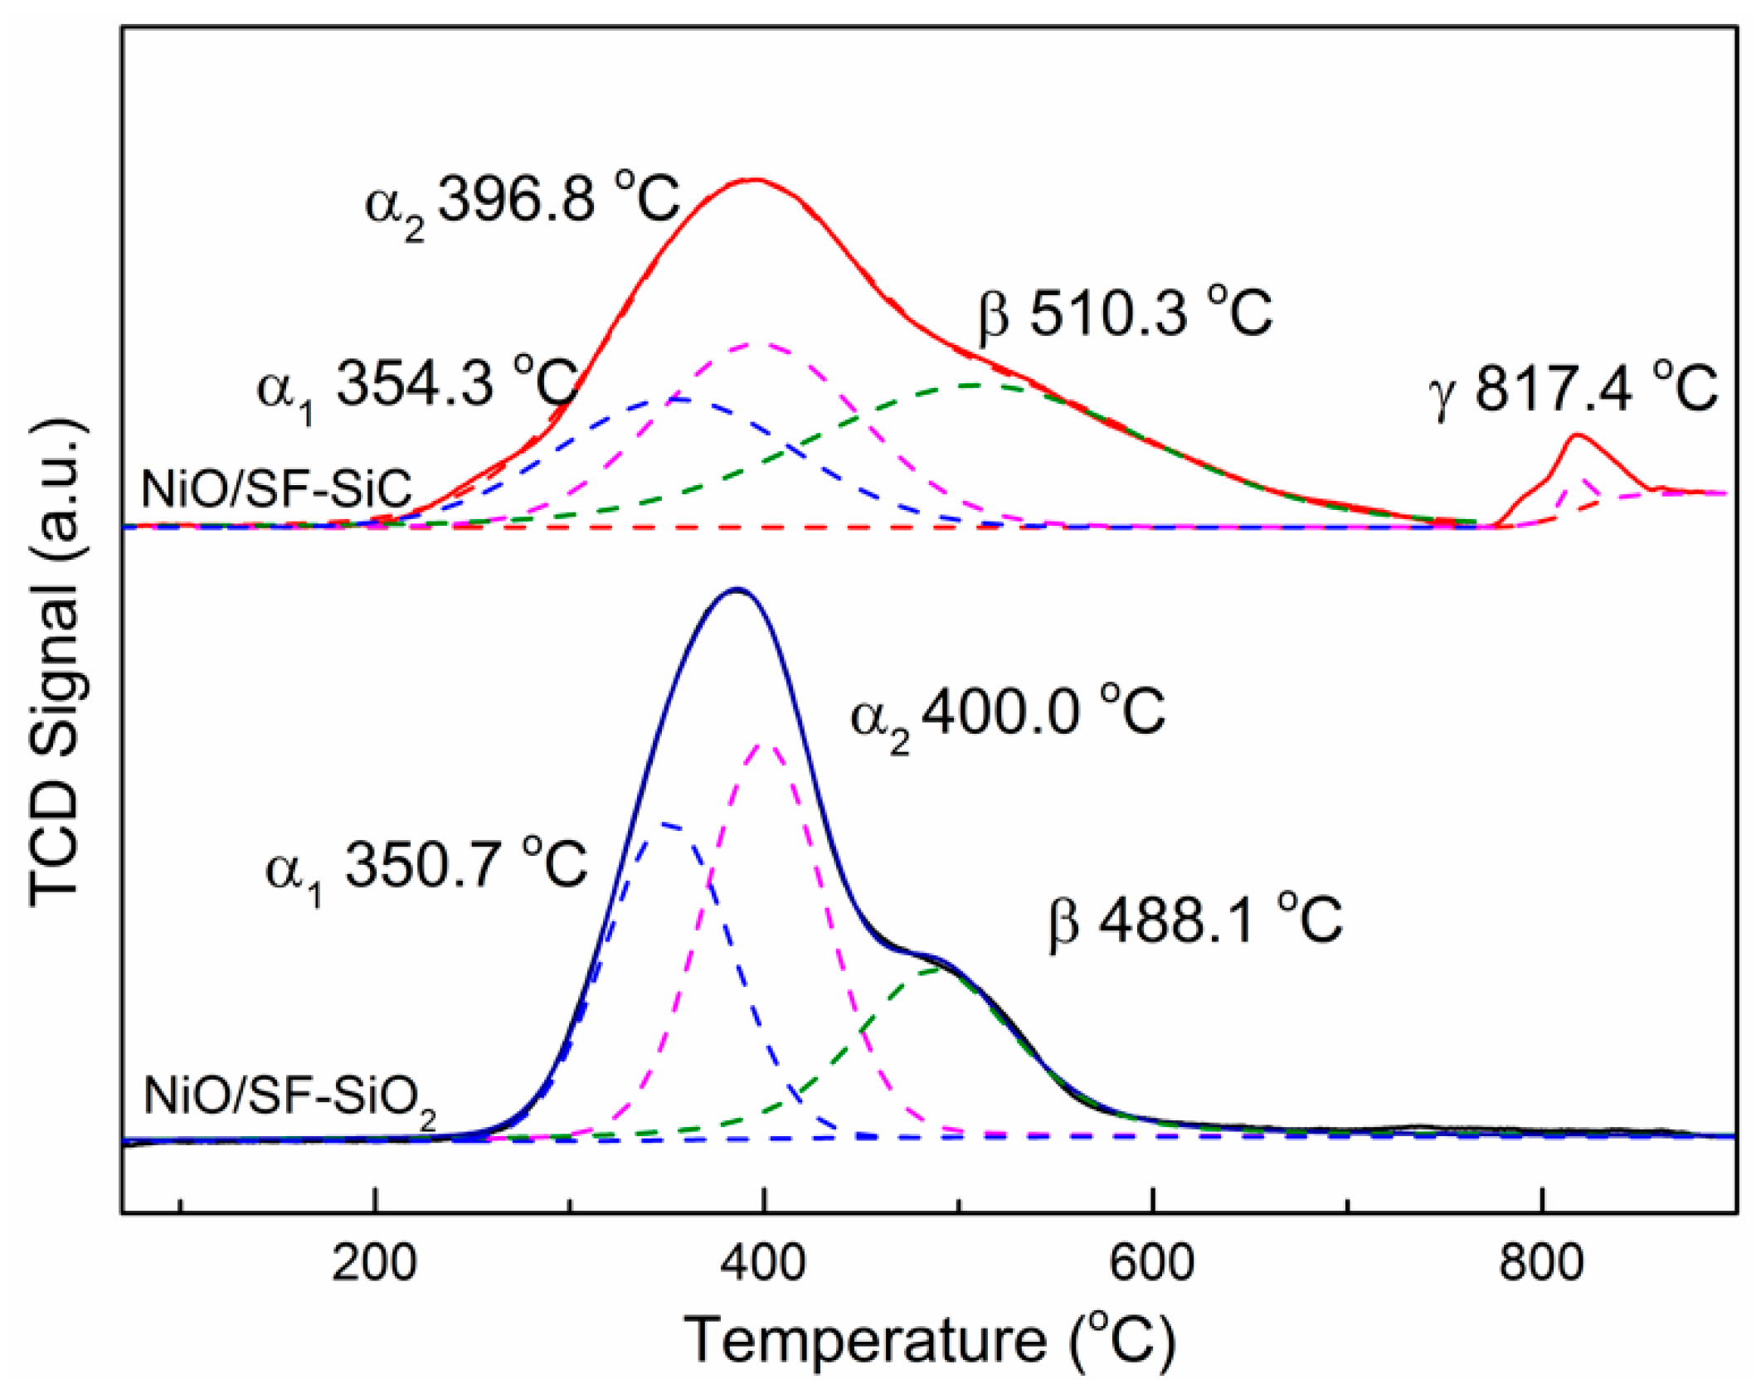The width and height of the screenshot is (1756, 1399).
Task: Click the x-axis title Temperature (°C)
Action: (x=929, y=1340)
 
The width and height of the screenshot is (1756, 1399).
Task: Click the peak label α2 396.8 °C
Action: (x=523, y=202)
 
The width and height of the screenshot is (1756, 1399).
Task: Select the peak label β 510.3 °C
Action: (x=1125, y=313)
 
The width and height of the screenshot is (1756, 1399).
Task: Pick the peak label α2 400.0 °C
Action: (x=1008, y=713)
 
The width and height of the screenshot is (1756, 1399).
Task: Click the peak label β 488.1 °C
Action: (x=1194, y=921)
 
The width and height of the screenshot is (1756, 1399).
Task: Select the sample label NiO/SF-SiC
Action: (x=276, y=489)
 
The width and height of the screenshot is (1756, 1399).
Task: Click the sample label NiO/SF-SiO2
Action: (x=289, y=1098)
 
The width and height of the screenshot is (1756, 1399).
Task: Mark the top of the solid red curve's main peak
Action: (x=752, y=179)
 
